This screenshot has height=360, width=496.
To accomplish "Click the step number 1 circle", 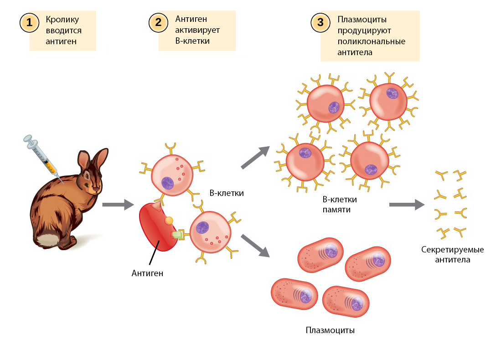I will (29, 22).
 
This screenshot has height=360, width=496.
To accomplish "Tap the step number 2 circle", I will (158, 22).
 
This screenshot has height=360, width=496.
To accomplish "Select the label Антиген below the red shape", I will (147, 273).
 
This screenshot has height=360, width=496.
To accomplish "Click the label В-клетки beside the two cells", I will (227, 193).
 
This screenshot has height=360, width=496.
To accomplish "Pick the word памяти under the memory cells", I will (339, 210).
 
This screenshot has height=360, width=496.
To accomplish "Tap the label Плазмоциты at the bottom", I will (330, 330).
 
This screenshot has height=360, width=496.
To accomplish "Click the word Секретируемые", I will (452, 250).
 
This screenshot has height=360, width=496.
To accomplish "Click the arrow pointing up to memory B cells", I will (255, 157).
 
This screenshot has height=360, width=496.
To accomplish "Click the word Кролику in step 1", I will (62, 20).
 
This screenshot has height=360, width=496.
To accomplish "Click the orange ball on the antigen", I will (169, 221).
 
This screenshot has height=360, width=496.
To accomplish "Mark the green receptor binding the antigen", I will (177, 234).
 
